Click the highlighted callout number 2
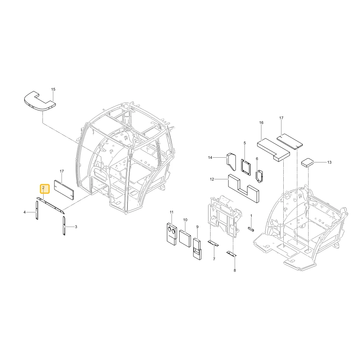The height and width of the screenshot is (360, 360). point(43,188)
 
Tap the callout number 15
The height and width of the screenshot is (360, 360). point(53,89)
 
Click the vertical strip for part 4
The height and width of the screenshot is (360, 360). point(37,210)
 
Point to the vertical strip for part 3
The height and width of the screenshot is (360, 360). point(64,226)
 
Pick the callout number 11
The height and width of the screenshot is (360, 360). point(171,212)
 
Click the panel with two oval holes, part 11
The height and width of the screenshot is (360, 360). point(172,234)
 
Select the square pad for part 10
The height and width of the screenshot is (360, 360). point(185,239)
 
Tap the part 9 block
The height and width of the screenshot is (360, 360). point(197,249)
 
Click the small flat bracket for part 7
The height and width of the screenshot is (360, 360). point(213,243)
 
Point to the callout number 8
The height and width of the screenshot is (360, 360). point(235,270)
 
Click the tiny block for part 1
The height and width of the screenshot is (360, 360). point(251,229)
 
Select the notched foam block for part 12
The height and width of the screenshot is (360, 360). point(243,188)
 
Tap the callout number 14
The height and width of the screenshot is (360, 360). point(210,158)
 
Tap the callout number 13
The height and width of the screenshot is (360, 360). point(329,162)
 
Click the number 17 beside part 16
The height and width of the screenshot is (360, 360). point(281,118)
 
